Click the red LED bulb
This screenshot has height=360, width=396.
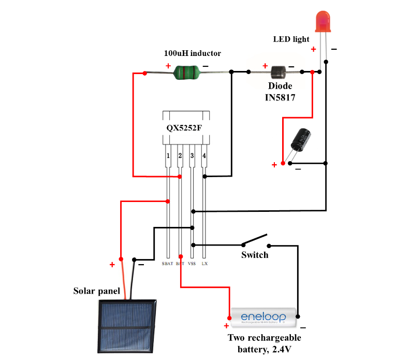323,21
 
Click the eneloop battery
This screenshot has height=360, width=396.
263,317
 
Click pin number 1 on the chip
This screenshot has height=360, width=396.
168,155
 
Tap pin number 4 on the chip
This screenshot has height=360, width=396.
204,155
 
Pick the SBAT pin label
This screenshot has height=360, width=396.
167,264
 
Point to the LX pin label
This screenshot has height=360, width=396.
204,264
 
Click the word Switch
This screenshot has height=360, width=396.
255,255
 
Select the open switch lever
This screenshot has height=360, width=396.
255,239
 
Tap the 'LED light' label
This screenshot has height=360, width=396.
291,39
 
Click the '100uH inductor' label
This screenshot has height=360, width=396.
192,53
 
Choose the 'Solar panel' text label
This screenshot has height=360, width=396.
97,291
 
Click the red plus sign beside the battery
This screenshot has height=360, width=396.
226,326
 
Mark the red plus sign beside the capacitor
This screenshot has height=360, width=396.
274,165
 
